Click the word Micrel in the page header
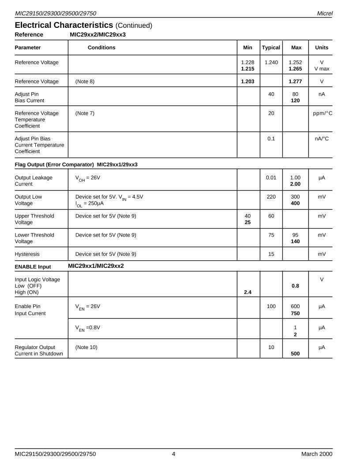[x=325, y=14]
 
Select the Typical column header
[x=271, y=48]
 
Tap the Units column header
[x=322, y=48]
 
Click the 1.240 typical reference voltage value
[x=271, y=63]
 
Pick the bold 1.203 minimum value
[x=247, y=82]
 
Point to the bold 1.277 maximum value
[x=295, y=82]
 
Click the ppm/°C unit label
[x=322, y=113]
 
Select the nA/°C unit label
[x=322, y=139]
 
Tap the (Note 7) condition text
[x=85, y=113]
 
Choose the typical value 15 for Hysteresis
[x=271, y=254]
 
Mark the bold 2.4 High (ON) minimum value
[x=247, y=292]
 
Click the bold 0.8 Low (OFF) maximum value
[x=295, y=286]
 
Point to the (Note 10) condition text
[x=86, y=347]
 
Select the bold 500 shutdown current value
[x=295, y=354]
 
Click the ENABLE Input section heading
[x=33, y=267]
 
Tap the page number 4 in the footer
[x=173, y=454]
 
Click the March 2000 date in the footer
[x=317, y=454]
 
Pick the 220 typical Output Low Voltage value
[x=271, y=197]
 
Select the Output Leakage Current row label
[x=34, y=181]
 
